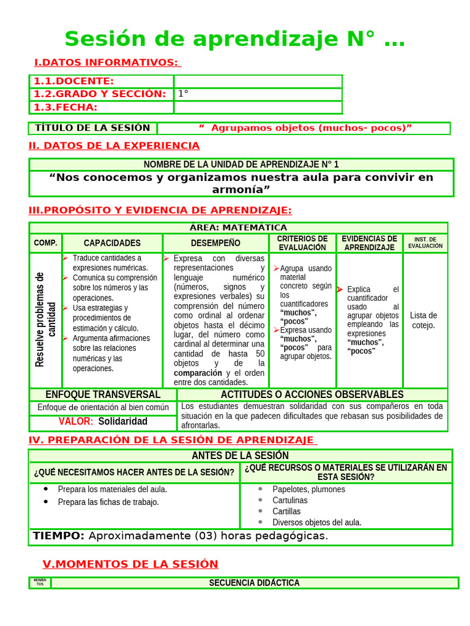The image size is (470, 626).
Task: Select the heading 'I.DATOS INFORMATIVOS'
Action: coord(106,62)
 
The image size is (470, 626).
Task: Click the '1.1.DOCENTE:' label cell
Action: coord(73,81)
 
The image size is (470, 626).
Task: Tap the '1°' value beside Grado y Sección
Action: coord(183,94)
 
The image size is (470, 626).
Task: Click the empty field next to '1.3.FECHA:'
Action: coord(258,108)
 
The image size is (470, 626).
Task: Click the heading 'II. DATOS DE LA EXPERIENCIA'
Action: coord(114,145)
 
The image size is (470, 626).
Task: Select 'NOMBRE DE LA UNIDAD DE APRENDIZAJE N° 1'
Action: coord(241,164)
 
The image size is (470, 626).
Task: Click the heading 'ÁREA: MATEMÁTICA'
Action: coord(239,227)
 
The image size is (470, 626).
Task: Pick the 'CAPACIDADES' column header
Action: coord(112,243)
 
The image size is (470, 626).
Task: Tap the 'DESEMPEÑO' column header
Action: coord(215,243)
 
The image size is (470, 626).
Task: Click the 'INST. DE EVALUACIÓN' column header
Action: coord(425,243)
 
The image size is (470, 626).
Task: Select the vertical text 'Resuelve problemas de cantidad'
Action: coord(45,319)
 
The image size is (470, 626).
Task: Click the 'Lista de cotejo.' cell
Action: coord(423,320)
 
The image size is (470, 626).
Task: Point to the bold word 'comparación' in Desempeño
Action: coord(198,373)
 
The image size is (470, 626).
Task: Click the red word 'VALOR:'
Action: coord(76,422)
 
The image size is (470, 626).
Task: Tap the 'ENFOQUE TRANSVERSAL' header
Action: coord(103,395)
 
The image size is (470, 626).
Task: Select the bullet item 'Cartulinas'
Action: coord(290,500)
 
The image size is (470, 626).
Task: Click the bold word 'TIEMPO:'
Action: coord(59,536)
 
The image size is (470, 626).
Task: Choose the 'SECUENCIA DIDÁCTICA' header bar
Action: coord(254,583)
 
